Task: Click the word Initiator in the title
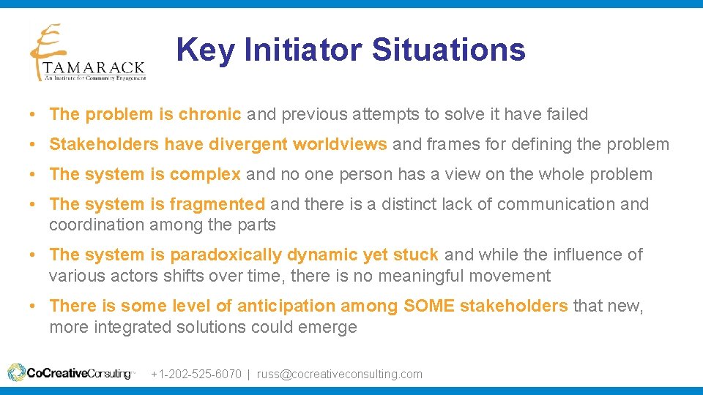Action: (x=302, y=50)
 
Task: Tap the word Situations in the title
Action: (x=448, y=50)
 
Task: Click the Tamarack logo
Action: (x=87, y=53)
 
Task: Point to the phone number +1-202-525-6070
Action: (x=196, y=374)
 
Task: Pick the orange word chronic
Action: (x=210, y=114)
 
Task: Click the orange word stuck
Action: (x=415, y=255)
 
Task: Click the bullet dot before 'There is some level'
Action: (x=34, y=306)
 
